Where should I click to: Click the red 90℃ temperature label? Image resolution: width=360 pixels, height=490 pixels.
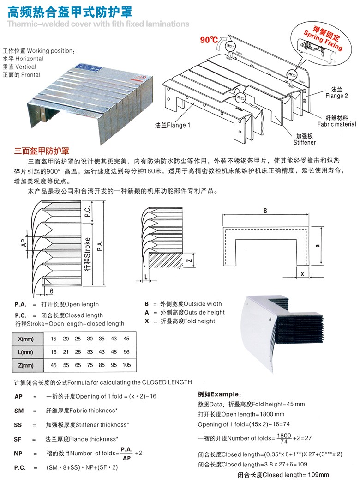[209, 40]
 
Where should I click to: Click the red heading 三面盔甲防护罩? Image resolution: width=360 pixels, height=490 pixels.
[42, 151]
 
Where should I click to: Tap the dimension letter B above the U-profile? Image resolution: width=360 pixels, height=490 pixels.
[265, 211]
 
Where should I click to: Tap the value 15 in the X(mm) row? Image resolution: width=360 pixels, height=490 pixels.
[54, 339]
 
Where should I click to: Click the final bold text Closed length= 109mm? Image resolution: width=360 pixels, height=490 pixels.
[283, 474]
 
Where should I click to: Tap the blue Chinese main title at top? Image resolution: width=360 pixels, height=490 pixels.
[70, 12]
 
